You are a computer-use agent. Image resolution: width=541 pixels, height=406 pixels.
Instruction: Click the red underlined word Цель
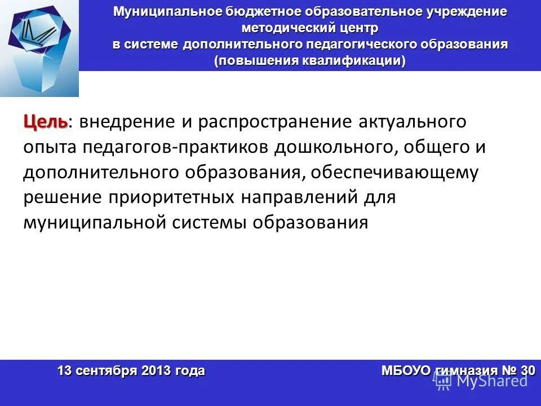pyautogui.click(x=45, y=122)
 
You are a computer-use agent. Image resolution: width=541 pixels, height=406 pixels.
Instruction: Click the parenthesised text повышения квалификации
pyautogui.click(x=309, y=60)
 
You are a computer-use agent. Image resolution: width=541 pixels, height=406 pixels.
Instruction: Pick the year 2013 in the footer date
pyautogui.click(x=155, y=370)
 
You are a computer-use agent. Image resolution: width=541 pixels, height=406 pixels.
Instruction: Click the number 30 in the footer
pyautogui.click(x=527, y=370)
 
